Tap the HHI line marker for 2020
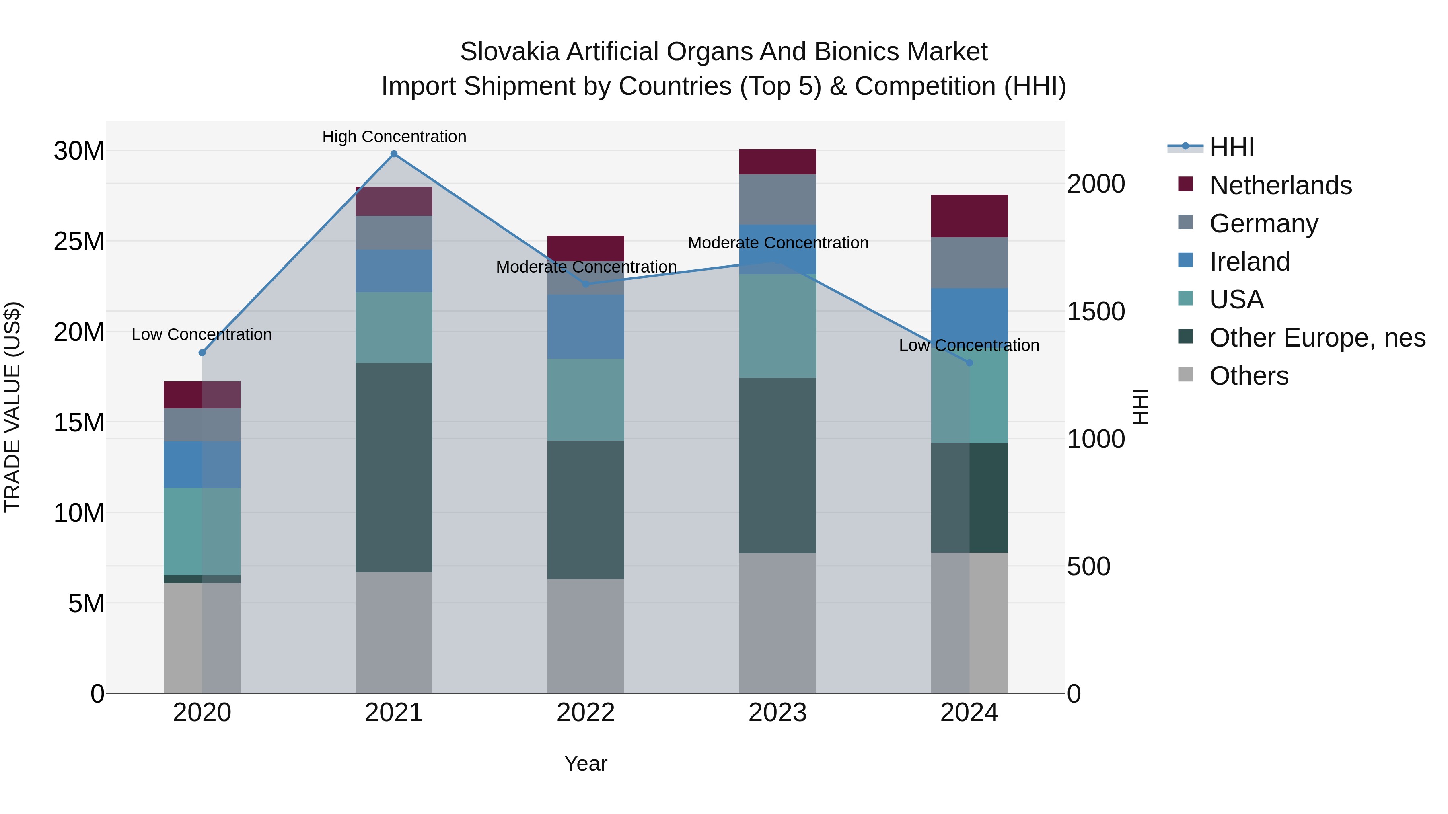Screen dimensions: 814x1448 202,353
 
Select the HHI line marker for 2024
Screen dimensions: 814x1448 969,363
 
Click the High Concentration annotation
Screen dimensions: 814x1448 394,137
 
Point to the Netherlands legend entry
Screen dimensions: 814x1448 1280,185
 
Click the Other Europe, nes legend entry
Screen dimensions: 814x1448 1317,338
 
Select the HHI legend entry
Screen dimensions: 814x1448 1231,147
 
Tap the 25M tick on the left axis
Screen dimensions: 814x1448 79,242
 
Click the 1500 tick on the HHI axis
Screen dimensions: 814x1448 1096,312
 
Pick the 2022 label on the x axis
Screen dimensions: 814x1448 585,713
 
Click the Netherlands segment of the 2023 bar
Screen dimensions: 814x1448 777,162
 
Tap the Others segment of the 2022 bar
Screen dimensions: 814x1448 585,636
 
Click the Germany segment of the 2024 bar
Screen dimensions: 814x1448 969,263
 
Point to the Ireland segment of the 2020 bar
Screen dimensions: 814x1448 202,465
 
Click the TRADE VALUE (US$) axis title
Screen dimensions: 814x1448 12,407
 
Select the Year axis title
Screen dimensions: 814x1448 585,763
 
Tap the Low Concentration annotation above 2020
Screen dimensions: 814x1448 202,335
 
